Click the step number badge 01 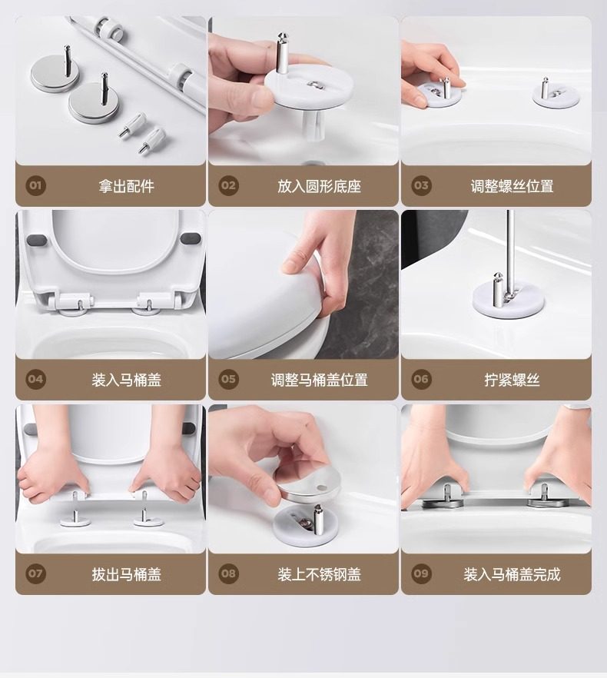point(35,185)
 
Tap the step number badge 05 point(228,379)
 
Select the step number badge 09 point(421,573)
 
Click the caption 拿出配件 point(126,186)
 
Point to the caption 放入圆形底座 point(319,186)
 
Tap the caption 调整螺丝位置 point(512,186)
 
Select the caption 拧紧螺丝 point(512,380)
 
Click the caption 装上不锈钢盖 point(319,574)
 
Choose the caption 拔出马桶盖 point(126,574)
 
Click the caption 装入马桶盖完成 point(512,574)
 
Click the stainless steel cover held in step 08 point(307,483)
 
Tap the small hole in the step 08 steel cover point(321,487)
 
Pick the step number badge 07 point(35,573)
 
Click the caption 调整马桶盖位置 point(319,380)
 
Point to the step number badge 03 point(421,185)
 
